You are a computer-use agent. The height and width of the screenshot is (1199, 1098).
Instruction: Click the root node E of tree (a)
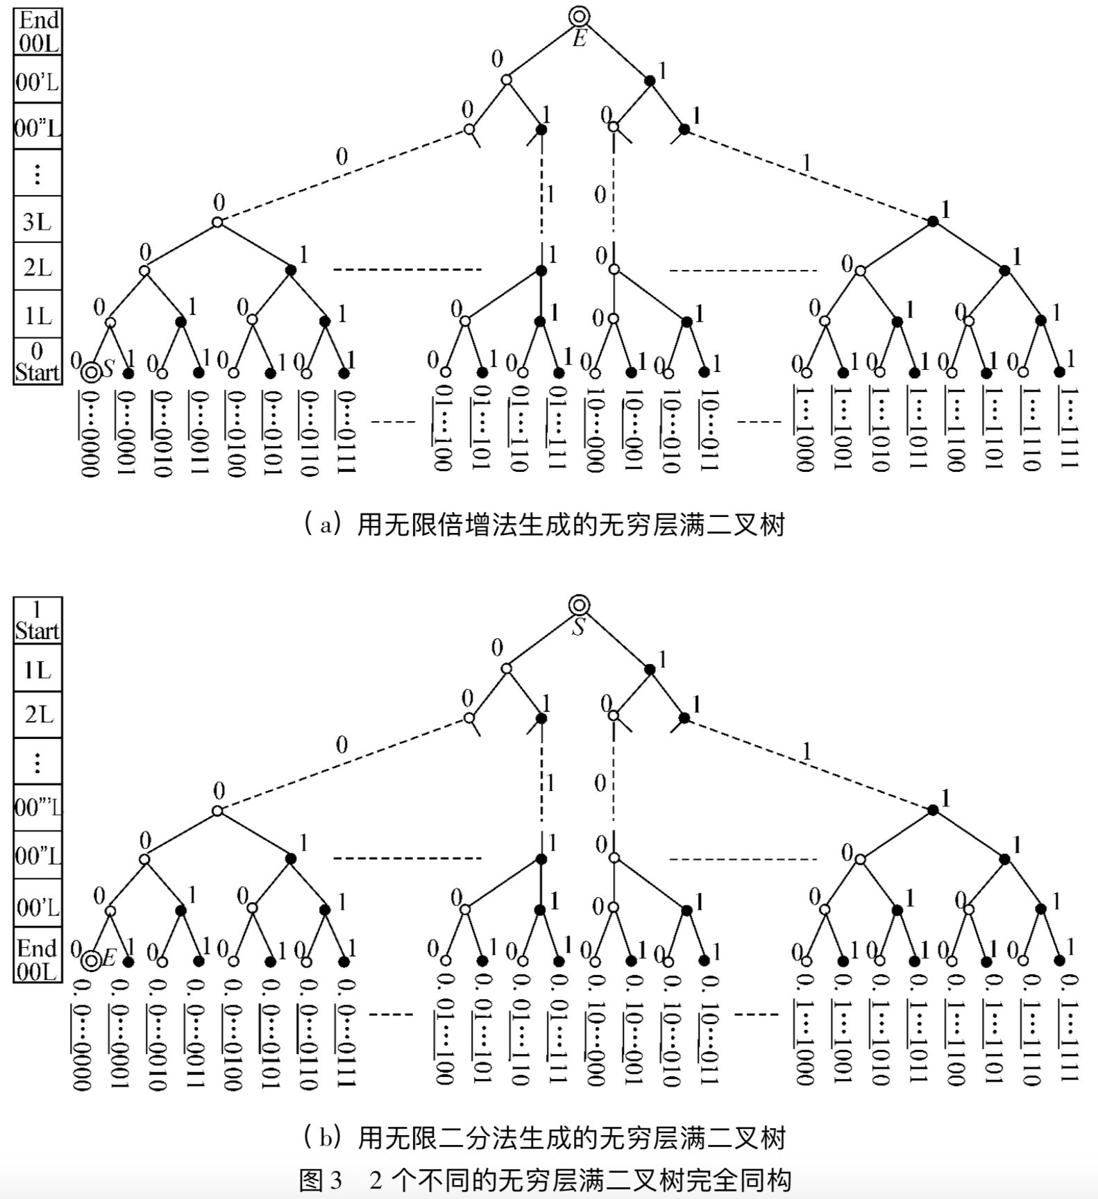(579, 17)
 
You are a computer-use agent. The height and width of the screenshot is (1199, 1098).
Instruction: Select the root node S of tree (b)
(579, 605)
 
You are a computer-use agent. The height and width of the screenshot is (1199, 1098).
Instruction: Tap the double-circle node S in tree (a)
(90, 373)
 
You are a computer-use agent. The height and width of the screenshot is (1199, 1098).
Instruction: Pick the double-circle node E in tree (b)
(90, 961)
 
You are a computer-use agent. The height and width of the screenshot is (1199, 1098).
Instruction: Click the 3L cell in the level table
(37, 221)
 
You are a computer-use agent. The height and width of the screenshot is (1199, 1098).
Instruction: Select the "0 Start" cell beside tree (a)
(37, 362)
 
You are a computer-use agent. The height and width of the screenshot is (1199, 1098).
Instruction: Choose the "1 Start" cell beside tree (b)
(37, 620)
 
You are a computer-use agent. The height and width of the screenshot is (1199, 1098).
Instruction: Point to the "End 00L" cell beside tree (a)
(37, 32)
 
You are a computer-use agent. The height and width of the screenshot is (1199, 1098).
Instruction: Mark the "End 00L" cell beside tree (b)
(37, 960)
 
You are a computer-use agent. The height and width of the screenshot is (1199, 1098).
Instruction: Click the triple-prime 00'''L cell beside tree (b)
(37, 807)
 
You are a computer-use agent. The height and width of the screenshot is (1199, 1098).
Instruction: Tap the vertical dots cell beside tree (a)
(37, 173)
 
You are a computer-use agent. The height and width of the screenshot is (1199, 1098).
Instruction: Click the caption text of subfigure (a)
(544, 525)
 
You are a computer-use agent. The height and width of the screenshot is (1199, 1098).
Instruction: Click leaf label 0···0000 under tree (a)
(90, 434)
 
